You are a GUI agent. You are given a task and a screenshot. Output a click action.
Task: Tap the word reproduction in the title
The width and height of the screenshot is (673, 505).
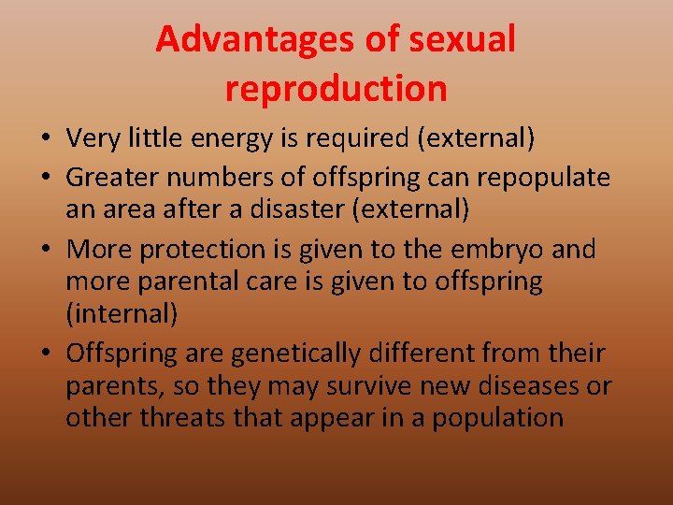point(336,89)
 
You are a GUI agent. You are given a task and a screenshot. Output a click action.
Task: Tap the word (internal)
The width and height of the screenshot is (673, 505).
point(122,312)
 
